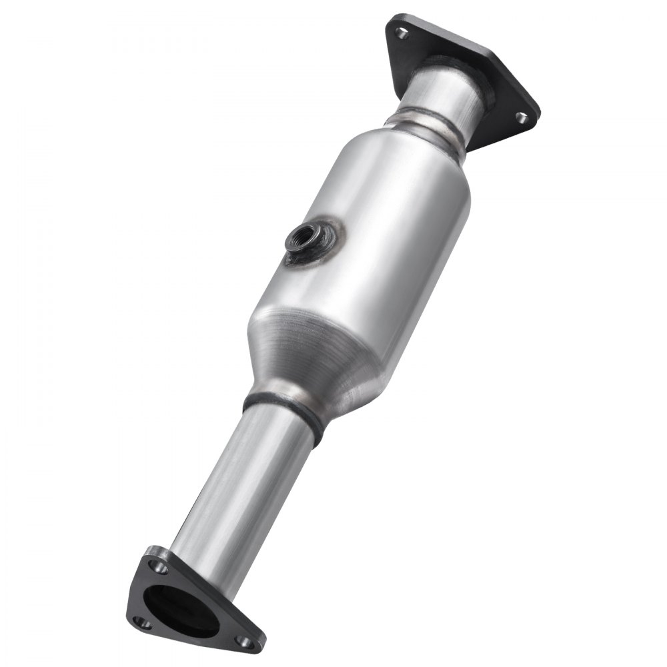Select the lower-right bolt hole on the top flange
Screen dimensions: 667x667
(x=520, y=117)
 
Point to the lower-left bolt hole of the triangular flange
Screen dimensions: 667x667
(x=140, y=622)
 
